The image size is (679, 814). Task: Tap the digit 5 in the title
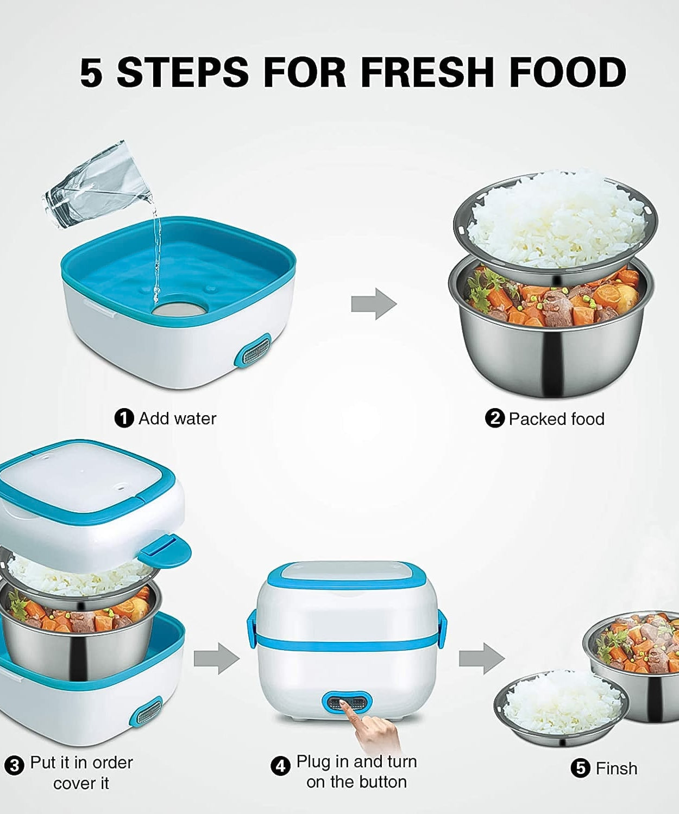coord(91,72)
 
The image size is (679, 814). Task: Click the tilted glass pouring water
coord(96,185)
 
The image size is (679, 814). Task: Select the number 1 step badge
coord(124,418)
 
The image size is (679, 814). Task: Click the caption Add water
coord(177,418)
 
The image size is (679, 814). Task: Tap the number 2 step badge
coord(494,418)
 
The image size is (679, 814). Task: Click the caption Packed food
coord(556,419)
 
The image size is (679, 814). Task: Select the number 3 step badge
coord(15,765)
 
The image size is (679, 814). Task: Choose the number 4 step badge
coord(280,766)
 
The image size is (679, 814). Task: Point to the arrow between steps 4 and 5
coord(481,658)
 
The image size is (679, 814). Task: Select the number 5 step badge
coord(581,768)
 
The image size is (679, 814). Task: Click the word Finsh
coord(616,768)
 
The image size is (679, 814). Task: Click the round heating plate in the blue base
coord(179,308)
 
